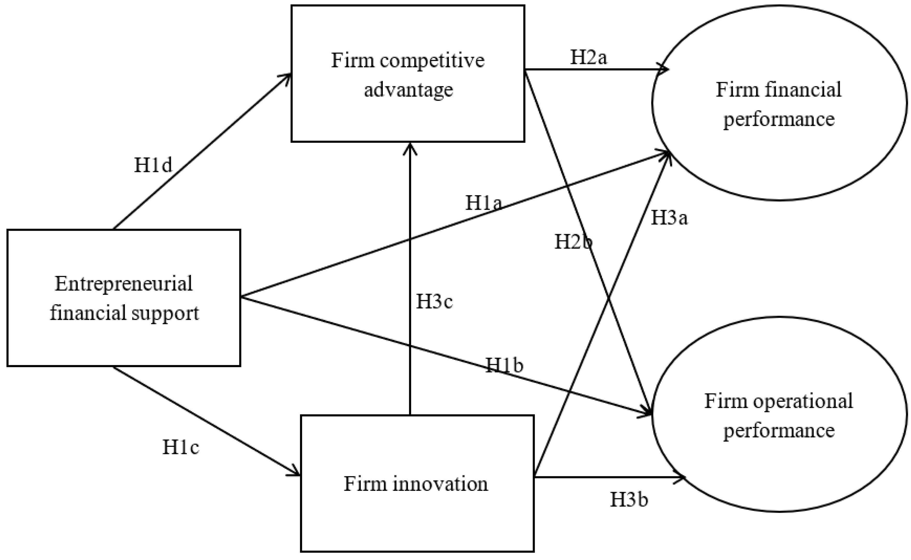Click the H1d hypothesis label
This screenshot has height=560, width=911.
153,165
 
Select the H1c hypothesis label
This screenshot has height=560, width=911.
181,447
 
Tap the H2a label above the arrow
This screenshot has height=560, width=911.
589,58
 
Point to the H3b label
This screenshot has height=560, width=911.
629,500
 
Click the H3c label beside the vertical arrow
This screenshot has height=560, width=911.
434,301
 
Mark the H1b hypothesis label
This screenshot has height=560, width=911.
504,365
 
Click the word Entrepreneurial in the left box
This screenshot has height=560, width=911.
124,284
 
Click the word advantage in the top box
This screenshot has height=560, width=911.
408,90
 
